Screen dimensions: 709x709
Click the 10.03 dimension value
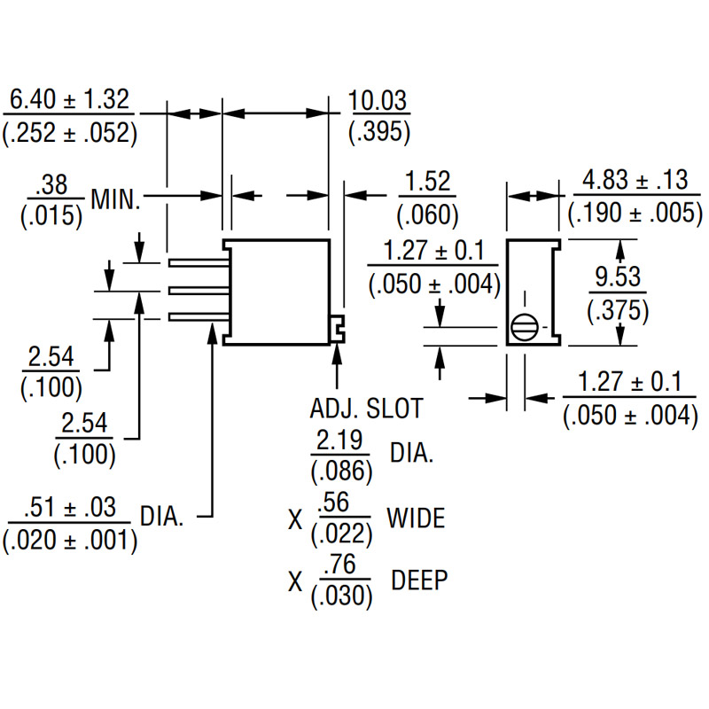[378, 100]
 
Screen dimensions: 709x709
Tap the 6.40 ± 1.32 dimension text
[69, 99]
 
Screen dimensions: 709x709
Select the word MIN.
[116, 199]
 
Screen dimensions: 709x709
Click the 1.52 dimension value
[427, 182]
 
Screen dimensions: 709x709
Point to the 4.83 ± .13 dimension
[635, 180]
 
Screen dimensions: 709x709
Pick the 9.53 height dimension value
[618, 277]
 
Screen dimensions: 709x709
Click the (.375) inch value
[618, 311]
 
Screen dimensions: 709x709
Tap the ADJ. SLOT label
[366, 409]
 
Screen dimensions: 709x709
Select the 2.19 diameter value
[339, 440]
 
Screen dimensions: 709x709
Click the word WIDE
[416, 518]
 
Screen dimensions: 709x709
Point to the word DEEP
[419, 580]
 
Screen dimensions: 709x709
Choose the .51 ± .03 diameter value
[70, 507]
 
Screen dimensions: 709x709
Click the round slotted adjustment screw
[524, 327]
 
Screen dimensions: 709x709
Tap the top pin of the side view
[199, 262]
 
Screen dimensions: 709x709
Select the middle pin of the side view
[199, 291]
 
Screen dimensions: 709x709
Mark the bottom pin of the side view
[199, 317]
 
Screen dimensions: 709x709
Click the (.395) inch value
[379, 132]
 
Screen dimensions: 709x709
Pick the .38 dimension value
[53, 184]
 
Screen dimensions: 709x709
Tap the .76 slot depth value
[340, 565]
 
